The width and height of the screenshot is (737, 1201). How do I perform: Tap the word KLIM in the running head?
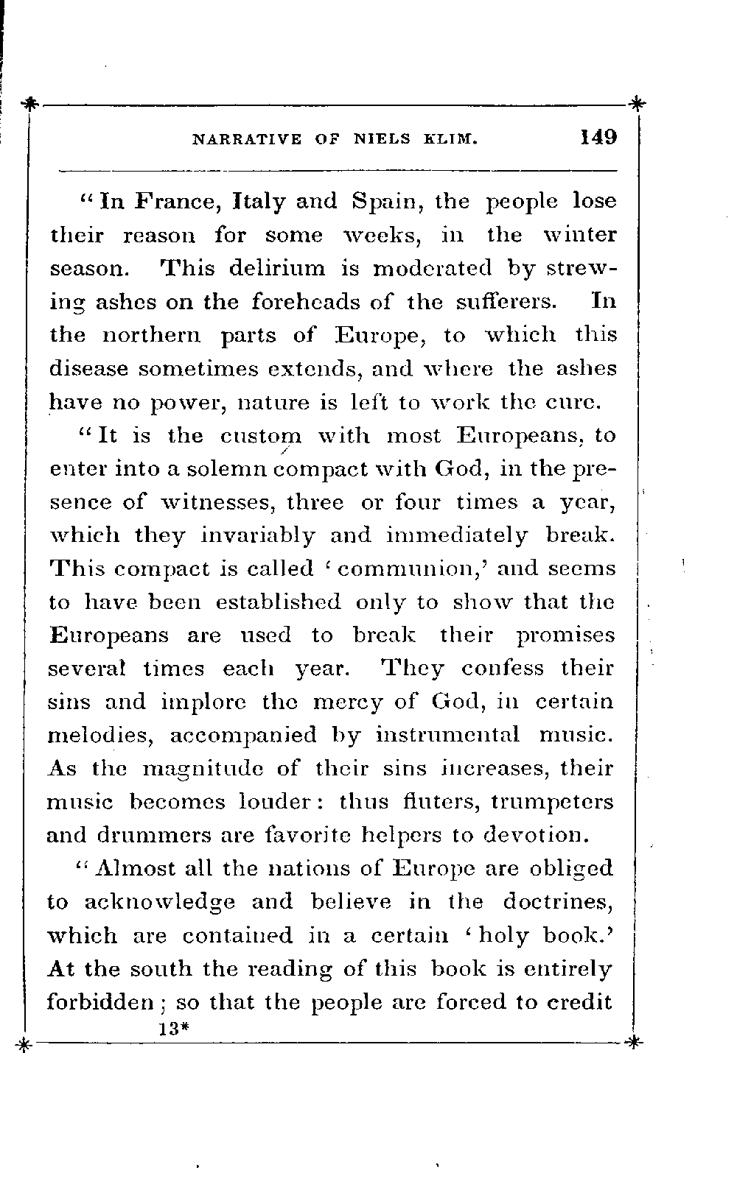453,138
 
